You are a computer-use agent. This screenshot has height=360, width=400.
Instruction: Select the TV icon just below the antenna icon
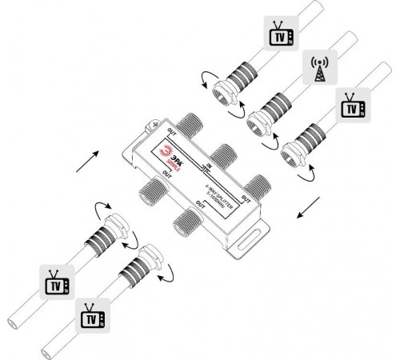350,106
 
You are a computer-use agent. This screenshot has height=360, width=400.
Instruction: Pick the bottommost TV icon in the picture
90,317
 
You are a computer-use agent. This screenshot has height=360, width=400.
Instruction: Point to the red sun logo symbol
166,150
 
